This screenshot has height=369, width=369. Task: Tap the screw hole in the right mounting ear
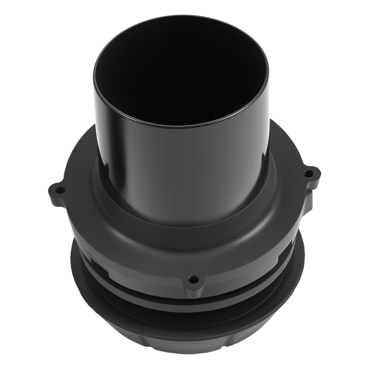[307, 173]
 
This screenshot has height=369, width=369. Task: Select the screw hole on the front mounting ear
[192, 279]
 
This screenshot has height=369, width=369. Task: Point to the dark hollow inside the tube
[181, 66]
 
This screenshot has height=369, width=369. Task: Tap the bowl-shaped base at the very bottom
[184, 339]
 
